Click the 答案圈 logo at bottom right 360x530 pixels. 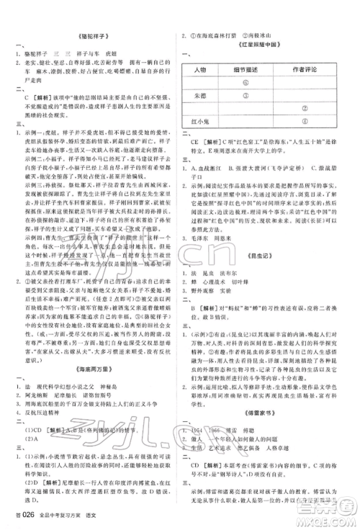click(330, 503)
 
